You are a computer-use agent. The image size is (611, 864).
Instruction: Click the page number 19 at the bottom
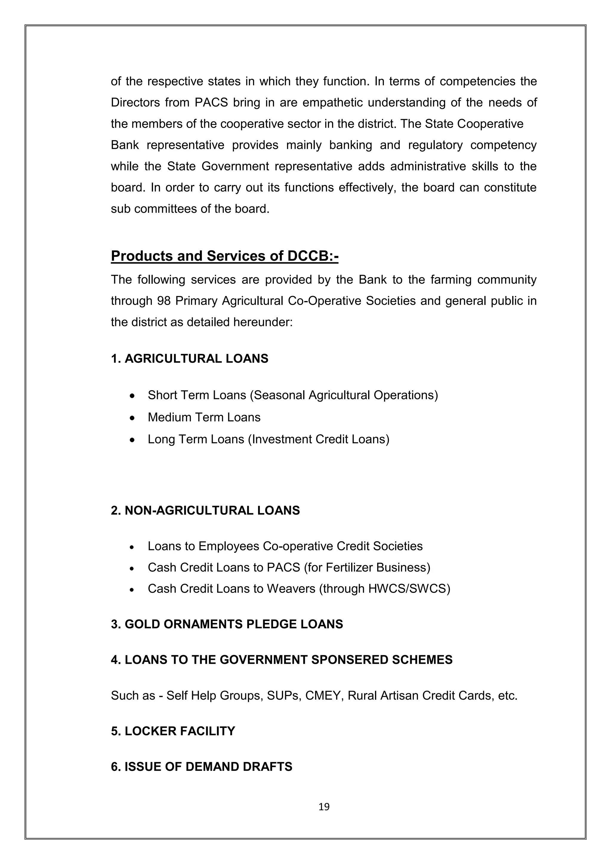click(324, 806)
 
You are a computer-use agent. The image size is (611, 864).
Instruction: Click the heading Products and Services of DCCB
click(225, 256)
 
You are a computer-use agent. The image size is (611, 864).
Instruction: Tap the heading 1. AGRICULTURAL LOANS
click(190, 359)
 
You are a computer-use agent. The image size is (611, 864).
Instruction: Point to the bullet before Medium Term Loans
click(132, 418)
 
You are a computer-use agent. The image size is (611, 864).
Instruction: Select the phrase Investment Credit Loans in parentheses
click(318, 439)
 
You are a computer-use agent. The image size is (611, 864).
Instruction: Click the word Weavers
click(291, 589)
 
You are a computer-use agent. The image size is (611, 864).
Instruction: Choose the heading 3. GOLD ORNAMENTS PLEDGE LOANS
click(227, 624)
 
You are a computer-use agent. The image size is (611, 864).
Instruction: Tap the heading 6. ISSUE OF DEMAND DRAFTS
click(202, 766)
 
